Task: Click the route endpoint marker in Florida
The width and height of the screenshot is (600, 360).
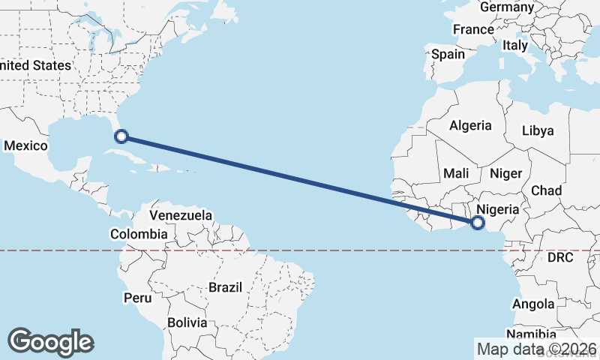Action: coord(121,136)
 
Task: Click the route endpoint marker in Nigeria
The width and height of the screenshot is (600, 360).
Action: coord(478,222)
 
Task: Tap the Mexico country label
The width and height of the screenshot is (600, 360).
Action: coord(26,145)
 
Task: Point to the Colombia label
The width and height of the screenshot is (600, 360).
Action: coord(139,234)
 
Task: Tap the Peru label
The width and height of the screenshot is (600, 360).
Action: coord(137,298)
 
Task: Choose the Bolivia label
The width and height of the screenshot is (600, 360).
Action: coord(187,322)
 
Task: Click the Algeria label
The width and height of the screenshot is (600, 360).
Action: coord(470,126)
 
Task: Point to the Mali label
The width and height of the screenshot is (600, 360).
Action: coord(456,173)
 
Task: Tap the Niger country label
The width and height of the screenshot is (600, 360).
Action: coord(505,173)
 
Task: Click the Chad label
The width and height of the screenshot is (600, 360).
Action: coord(546,190)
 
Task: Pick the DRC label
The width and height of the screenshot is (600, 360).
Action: coord(560,257)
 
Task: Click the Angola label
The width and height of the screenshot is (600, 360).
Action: coord(533,304)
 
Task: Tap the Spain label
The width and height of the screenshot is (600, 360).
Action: coord(448,54)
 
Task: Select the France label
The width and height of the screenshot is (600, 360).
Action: coord(473,30)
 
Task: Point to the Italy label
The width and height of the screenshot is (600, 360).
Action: coord(515,45)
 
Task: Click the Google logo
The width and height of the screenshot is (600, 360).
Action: coord(50,342)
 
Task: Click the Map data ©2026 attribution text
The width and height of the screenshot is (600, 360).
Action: coord(536,348)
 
